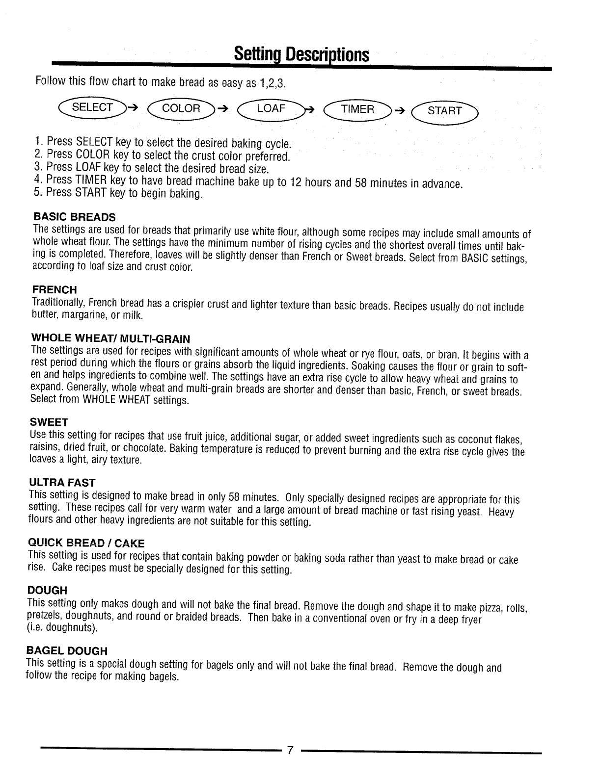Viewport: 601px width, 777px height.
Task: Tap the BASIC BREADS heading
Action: coord(75,217)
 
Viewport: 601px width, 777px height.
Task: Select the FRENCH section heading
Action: coord(55,290)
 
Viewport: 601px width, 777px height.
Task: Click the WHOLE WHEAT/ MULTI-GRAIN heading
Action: coord(110,338)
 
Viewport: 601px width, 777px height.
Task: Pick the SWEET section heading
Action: coord(49,422)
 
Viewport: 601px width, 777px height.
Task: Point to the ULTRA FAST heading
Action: coord(62,483)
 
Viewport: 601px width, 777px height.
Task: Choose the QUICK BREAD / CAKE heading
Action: coord(86,543)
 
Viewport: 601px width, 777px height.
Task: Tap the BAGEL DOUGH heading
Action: coord(66,651)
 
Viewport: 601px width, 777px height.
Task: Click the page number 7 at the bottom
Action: coord(290,750)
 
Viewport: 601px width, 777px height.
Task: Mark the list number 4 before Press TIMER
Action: coord(38,179)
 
